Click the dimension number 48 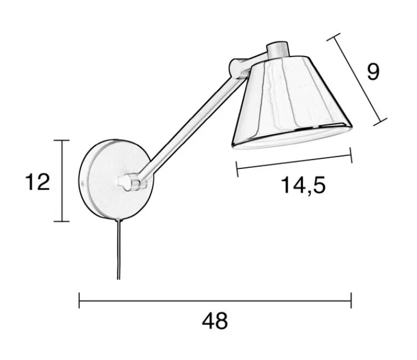[x=215, y=322]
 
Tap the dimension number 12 [x=38, y=182]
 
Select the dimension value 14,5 [x=303, y=185]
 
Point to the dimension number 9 [x=373, y=72]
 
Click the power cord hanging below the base [x=119, y=249]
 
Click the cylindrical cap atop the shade [x=277, y=49]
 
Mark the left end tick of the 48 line [x=79, y=300]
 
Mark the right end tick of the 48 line [x=351, y=300]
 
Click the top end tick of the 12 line [x=61, y=140]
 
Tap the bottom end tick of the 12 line [x=61, y=222]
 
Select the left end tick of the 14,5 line [x=237, y=167]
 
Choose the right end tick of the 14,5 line [x=351, y=156]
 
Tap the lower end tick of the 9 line [x=380, y=120]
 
